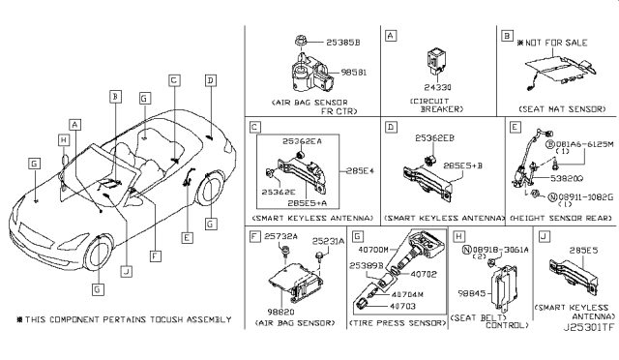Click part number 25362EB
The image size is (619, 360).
coord(437,138)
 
